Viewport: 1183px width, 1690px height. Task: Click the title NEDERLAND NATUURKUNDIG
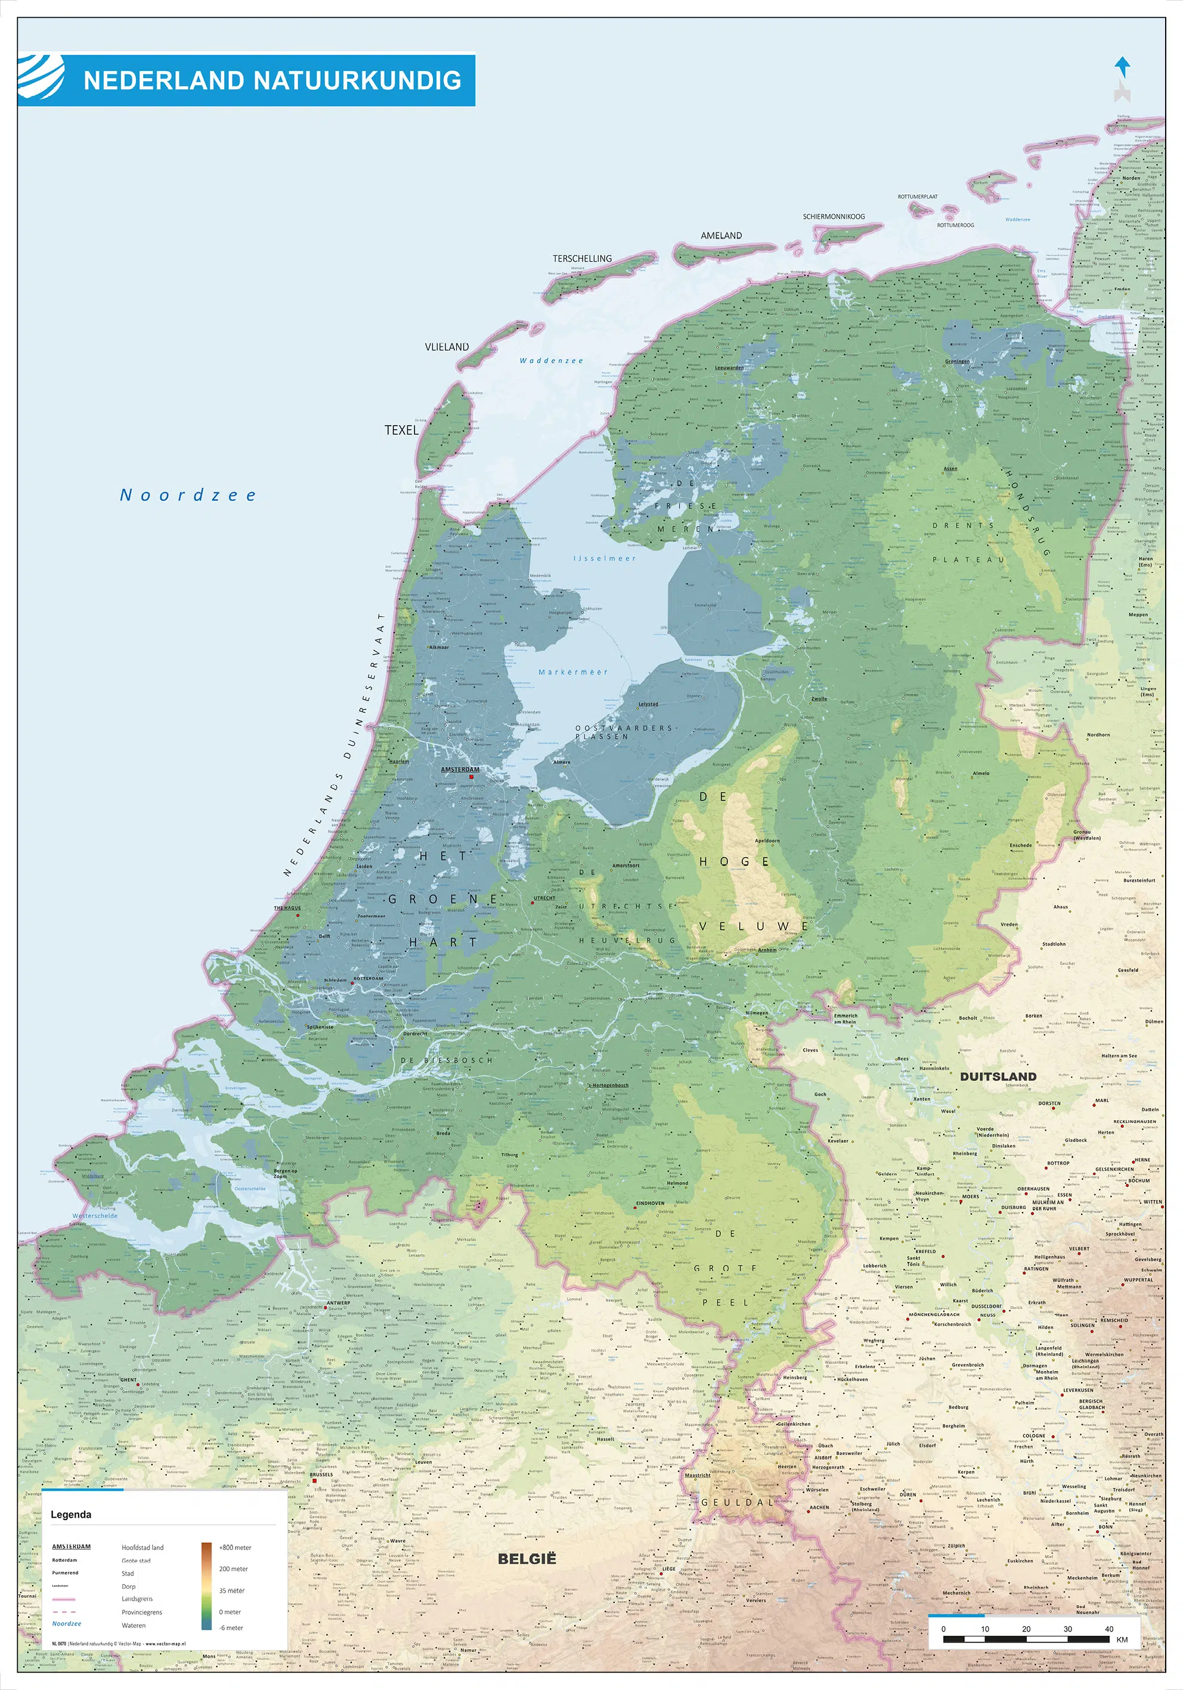click(x=272, y=80)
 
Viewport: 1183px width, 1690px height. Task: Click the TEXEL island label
click(x=401, y=430)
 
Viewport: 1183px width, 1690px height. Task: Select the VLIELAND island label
click(x=446, y=347)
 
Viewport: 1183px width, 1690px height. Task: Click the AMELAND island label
click(x=721, y=235)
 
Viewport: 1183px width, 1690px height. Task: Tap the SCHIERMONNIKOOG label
click(x=834, y=216)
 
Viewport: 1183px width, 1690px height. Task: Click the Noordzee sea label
click(x=188, y=495)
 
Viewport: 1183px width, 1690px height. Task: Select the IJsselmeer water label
click(x=605, y=558)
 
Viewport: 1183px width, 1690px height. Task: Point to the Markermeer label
click(x=573, y=672)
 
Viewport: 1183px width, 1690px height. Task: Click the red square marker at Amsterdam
click(x=471, y=776)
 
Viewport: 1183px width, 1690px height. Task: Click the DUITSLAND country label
click(x=998, y=1076)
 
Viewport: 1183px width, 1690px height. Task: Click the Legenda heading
click(x=71, y=1514)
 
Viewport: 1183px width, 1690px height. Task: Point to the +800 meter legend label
click(x=235, y=1547)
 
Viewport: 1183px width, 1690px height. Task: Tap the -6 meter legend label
click(x=231, y=1627)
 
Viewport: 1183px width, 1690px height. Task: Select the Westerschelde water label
click(x=95, y=1216)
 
